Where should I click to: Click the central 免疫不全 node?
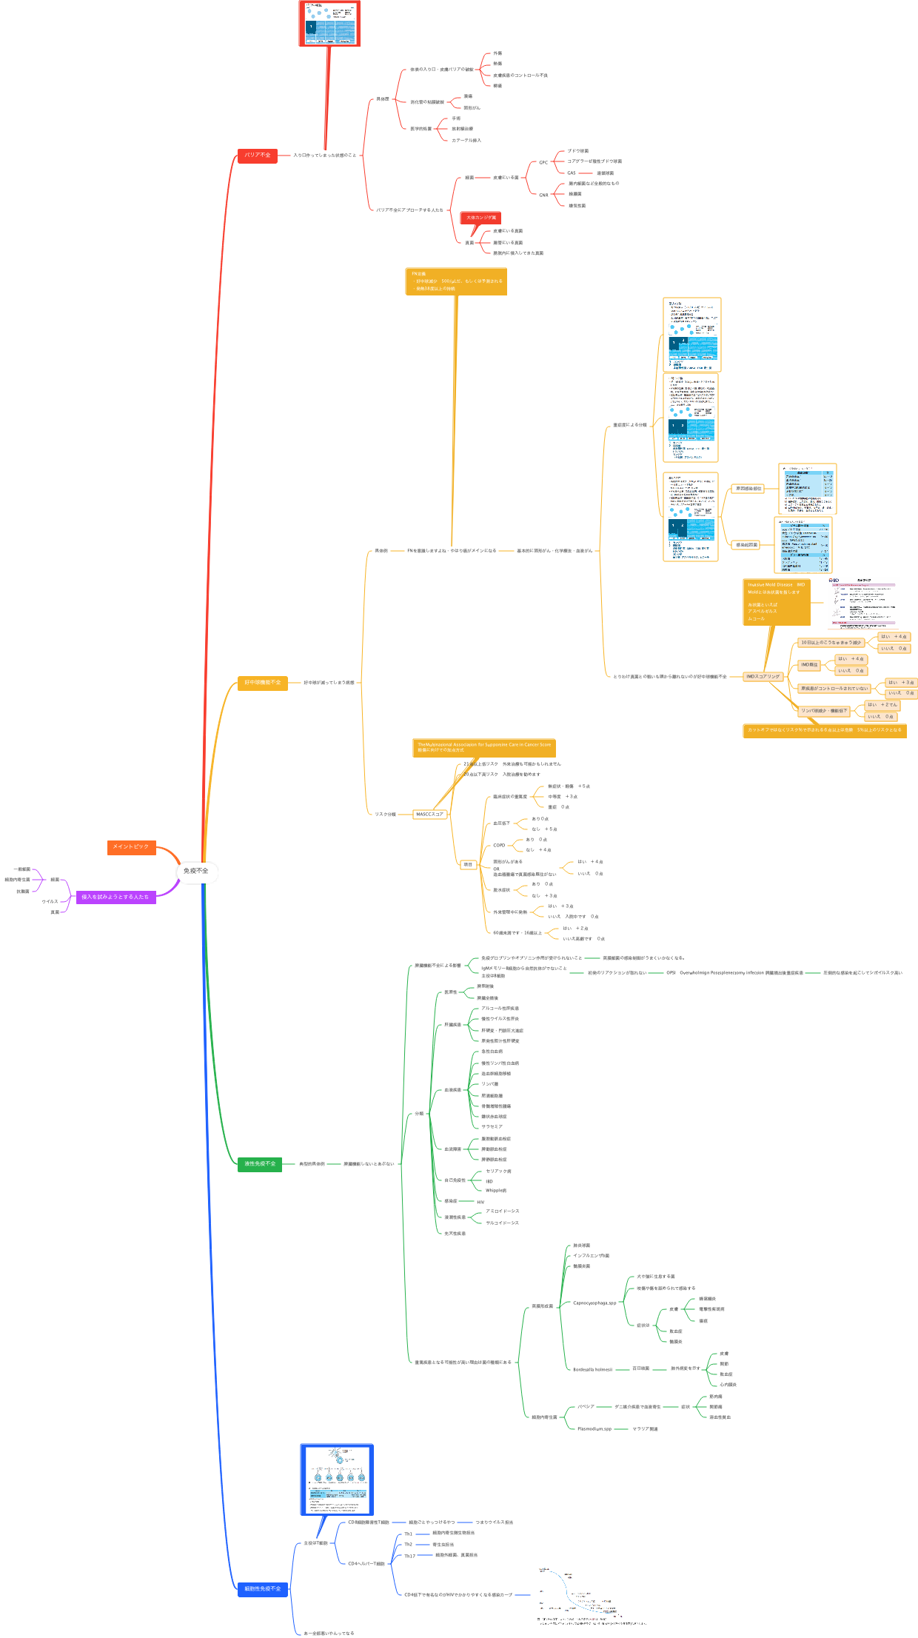[196, 871]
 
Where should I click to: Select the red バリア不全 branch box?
[257, 155]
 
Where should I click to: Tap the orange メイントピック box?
[131, 846]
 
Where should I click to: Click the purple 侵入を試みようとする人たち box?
[115, 897]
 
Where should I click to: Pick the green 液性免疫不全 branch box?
[260, 1163]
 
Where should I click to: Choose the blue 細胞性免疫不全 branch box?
[262, 1588]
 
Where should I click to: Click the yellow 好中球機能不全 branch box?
[262, 682]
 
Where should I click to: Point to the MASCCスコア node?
[429, 814]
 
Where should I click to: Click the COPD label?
[499, 845]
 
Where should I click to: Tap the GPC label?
[543, 162]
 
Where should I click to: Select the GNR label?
[543, 195]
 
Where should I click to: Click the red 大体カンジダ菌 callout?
[481, 218]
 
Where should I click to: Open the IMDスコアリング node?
[762, 676]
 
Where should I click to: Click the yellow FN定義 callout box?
[456, 281]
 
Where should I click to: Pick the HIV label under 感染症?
[480, 1202]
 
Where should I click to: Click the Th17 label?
[409, 1556]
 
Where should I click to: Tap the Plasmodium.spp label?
[594, 1428]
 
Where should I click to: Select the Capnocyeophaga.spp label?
[594, 1303]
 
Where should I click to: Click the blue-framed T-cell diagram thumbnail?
[337, 1480]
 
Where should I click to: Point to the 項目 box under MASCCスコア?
[468, 864]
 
